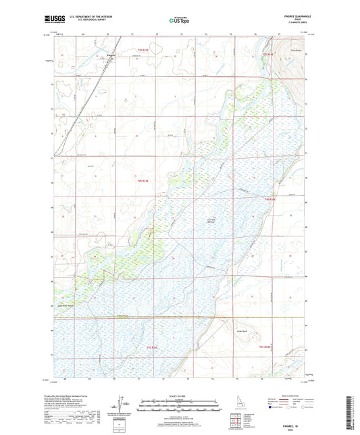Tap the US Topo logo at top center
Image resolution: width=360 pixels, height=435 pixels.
(180, 21)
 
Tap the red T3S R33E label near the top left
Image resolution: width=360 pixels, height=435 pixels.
(141, 50)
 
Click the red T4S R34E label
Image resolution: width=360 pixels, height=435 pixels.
(270, 199)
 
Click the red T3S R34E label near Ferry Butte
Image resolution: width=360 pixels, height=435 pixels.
(267, 53)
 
